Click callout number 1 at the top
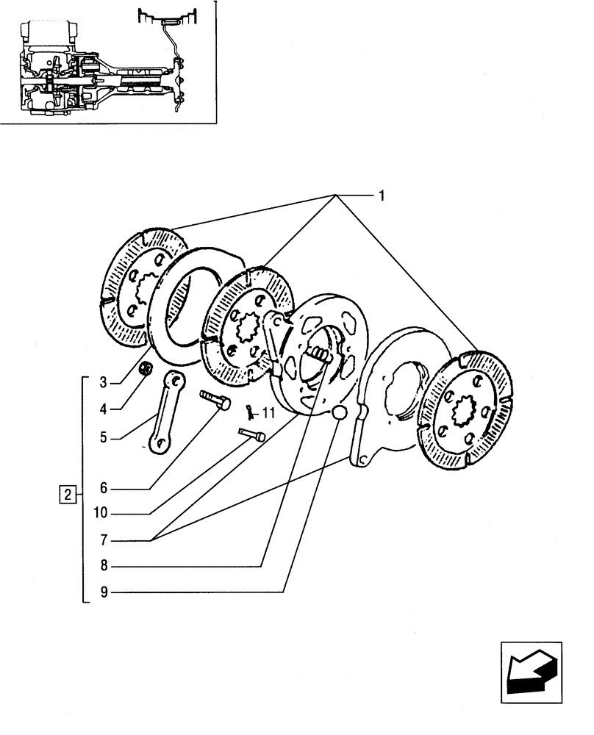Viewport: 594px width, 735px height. coord(382,196)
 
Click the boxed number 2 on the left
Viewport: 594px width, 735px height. coord(67,494)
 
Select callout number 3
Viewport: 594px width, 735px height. coord(104,381)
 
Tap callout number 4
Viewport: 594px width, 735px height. coord(104,408)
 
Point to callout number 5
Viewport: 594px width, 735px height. coord(104,437)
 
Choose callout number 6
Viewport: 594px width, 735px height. coord(104,488)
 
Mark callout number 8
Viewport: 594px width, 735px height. coord(104,566)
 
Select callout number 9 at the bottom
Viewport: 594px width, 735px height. coord(104,592)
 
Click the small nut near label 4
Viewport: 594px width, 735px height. coord(146,368)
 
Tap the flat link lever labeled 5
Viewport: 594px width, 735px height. coord(167,414)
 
